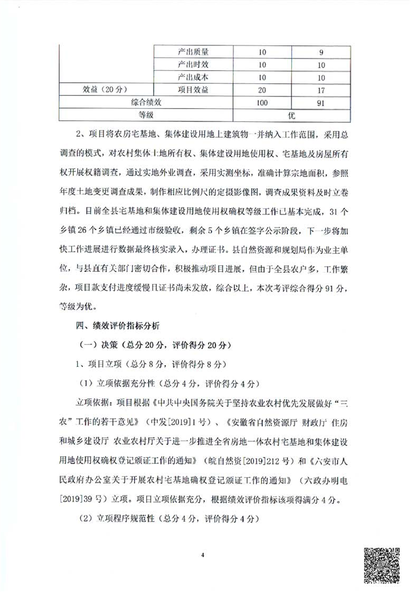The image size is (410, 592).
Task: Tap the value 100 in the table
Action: [x=262, y=102]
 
